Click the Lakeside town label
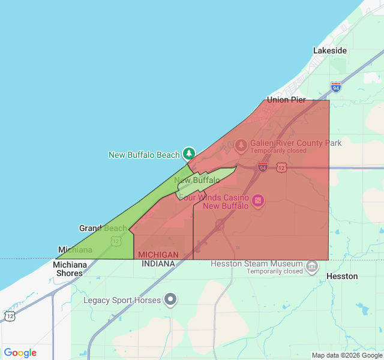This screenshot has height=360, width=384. [329, 51]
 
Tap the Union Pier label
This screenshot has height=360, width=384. [286, 100]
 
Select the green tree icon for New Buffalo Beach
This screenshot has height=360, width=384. [189, 154]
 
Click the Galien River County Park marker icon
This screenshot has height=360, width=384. [241, 144]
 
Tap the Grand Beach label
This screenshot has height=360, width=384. [103, 228]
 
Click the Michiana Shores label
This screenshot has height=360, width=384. [70, 269]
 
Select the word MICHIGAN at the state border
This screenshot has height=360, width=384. [158, 255]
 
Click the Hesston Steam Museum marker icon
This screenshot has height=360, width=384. [311, 266]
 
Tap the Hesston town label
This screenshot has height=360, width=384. [342, 276]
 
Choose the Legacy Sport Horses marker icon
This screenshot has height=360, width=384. [171, 298]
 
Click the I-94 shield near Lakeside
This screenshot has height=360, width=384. [335, 88]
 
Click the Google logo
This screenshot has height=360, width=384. [20, 353]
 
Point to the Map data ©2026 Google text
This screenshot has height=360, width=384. [346, 355]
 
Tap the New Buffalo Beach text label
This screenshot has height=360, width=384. [144, 155]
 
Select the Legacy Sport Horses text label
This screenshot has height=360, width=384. [122, 300]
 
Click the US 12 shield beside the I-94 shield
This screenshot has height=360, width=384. [281, 167]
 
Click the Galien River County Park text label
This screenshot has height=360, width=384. [296, 143]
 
